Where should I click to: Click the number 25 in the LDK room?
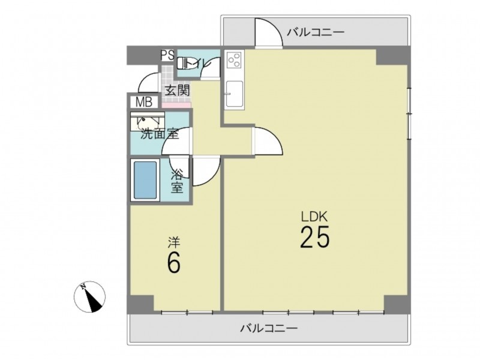(314, 237)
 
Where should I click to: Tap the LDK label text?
(314, 217)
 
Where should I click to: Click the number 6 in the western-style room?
(173, 262)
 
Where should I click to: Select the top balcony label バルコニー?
(316, 32)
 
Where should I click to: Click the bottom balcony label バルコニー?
(269, 328)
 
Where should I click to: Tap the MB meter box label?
(144, 102)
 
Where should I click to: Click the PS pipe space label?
(168, 55)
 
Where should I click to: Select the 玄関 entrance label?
(178, 91)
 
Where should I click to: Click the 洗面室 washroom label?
(160, 134)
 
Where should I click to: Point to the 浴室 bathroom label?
(177, 181)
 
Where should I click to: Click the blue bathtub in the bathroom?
(145, 180)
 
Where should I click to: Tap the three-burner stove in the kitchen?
(234, 59)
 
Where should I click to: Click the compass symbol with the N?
(89, 296)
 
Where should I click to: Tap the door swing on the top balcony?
(268, 32)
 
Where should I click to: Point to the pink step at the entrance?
(176, 106)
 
